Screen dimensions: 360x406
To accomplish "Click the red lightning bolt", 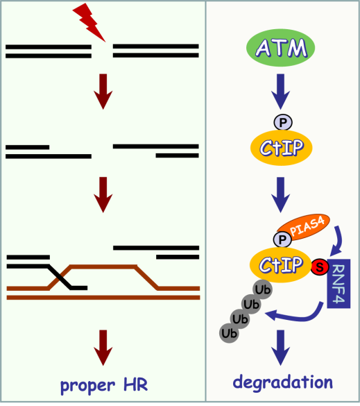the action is click(89, 23).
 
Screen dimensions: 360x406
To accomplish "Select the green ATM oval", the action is click(281, 48).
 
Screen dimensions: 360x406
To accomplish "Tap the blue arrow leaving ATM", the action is click(280, 92).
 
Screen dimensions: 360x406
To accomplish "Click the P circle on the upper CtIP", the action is click(283, 122).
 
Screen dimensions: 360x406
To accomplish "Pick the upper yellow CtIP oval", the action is click(282, 148).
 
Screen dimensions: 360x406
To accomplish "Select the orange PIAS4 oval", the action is click(304, 228).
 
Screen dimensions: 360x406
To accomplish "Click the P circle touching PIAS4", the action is click(282, 239).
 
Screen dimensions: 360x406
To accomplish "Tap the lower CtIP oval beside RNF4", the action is click(280, 264).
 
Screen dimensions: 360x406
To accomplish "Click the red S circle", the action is click(320, 267).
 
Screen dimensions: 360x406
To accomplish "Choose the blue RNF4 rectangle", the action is click(338, 284).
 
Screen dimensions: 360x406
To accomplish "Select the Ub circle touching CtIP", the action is click(263, 289).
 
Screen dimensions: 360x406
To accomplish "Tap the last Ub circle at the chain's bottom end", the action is click(229, 334).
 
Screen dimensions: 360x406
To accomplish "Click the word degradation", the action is click(282, 382).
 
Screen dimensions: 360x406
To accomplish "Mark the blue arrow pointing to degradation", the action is click(280, 348).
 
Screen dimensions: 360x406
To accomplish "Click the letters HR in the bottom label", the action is click(135, 384).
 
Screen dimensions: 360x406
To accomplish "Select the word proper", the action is click(87, 386).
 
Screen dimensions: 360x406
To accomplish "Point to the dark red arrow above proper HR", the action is click(103, 348).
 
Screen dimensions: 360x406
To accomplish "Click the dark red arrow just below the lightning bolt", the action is click(103, 92).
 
